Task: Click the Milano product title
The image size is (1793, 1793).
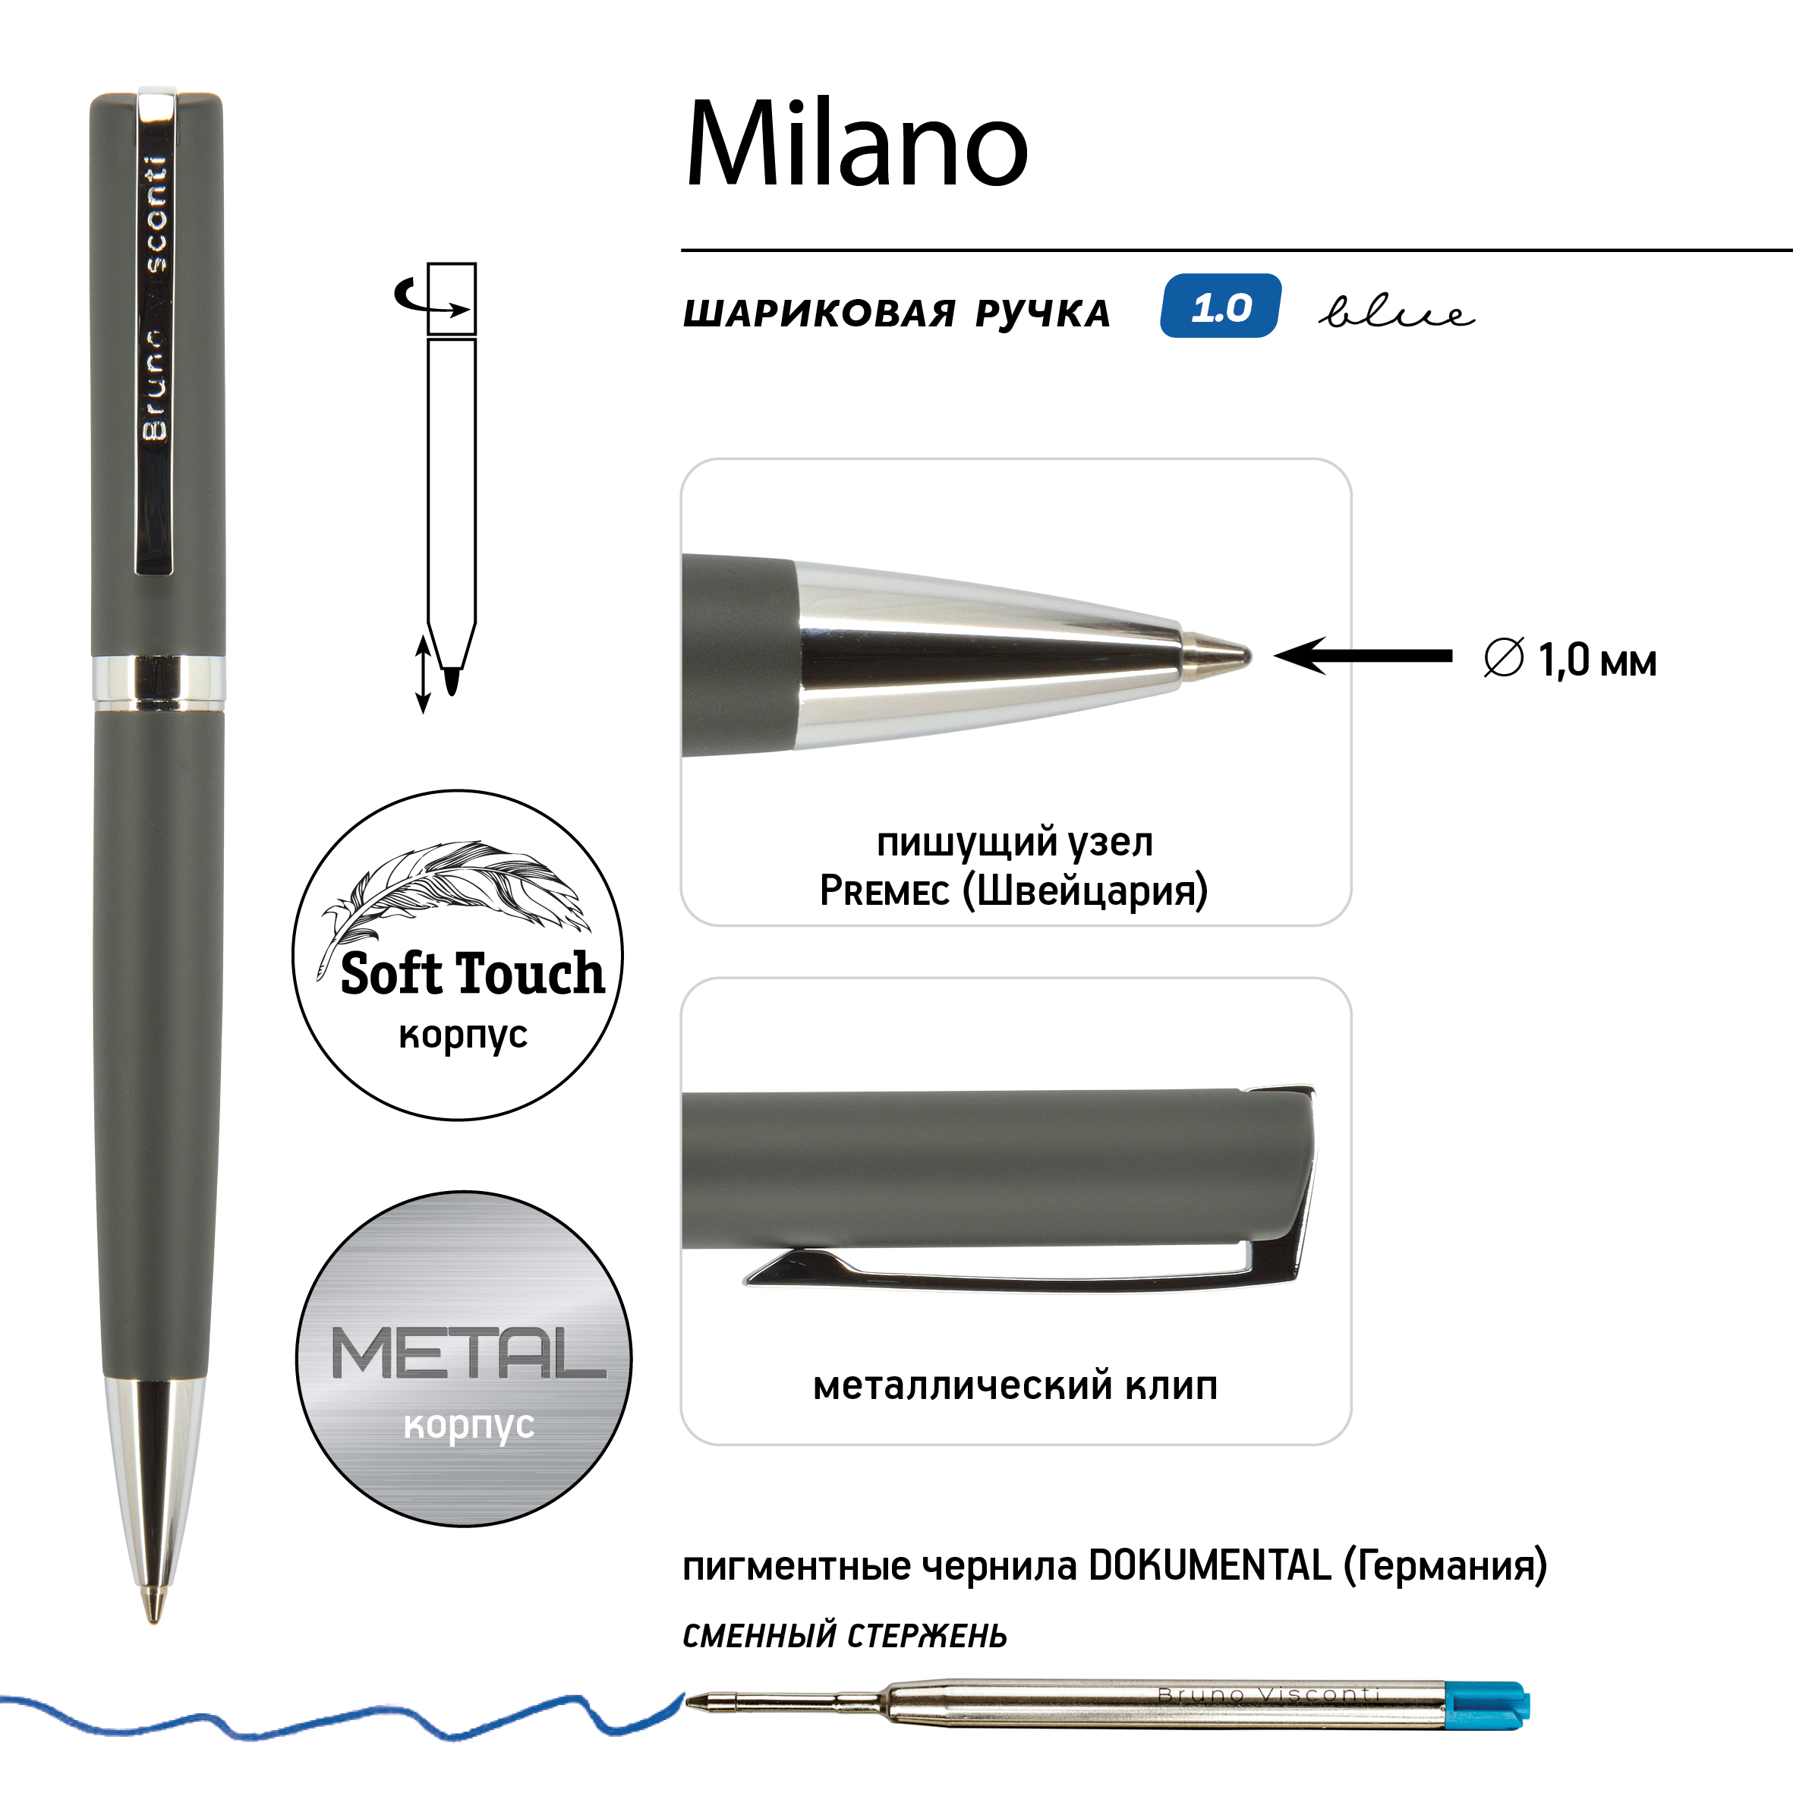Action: [x=856, y=143]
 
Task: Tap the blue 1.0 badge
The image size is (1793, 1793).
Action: [x=1221, y=306]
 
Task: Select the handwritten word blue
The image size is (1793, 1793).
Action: [x=1397, y=312]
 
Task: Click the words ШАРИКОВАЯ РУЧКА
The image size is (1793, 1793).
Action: [x=896, y=314]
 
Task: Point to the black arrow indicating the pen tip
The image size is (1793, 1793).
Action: [x=1363, y=656]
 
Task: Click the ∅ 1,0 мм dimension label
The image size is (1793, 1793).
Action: [x=1571, y=659]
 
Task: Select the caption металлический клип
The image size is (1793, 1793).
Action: [x=1015, y=1385]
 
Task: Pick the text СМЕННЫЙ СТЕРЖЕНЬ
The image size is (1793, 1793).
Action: [x=845, y=1635]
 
